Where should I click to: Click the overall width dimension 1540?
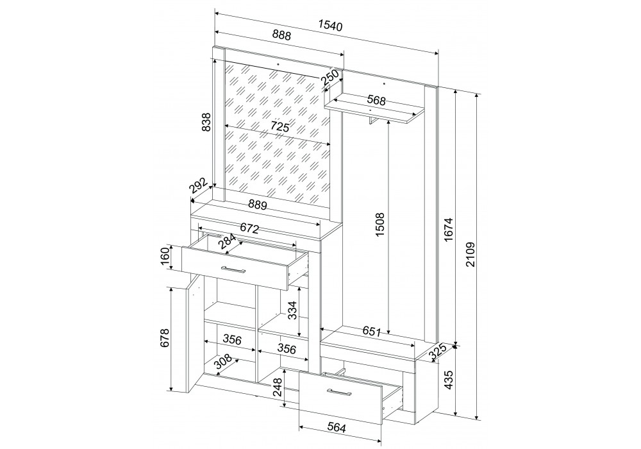(330, 26)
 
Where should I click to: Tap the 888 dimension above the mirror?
(281, 35)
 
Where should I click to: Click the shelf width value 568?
(376, 100)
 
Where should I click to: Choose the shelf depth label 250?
(330, 77)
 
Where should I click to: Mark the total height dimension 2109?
(470, 255)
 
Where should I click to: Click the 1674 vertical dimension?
(449, 230)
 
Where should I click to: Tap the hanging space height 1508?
(380, 224)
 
